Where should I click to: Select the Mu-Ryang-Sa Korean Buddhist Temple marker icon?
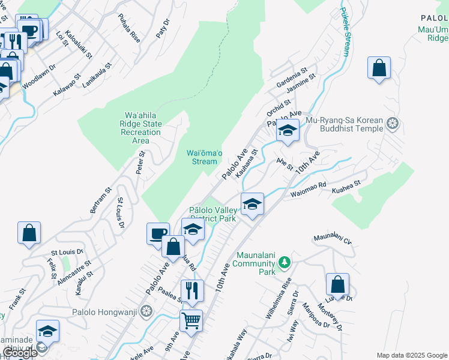tap(393, 124)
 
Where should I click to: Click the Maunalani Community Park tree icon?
tap(285, 262)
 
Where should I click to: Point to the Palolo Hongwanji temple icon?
tap(147, 311)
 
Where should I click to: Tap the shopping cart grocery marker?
tap(191, 320)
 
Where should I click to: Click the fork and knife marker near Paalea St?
tap(192, 290)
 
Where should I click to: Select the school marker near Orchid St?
tap(288, 130)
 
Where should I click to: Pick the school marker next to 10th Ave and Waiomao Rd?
tap(252, 204)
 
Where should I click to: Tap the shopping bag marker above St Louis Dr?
tap(29, 232)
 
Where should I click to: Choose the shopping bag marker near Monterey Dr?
tap(337, 284)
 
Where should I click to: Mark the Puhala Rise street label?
tap(129, 28)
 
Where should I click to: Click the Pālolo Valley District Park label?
tap(212, 214)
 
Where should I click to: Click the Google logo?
tap(20, 353)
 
